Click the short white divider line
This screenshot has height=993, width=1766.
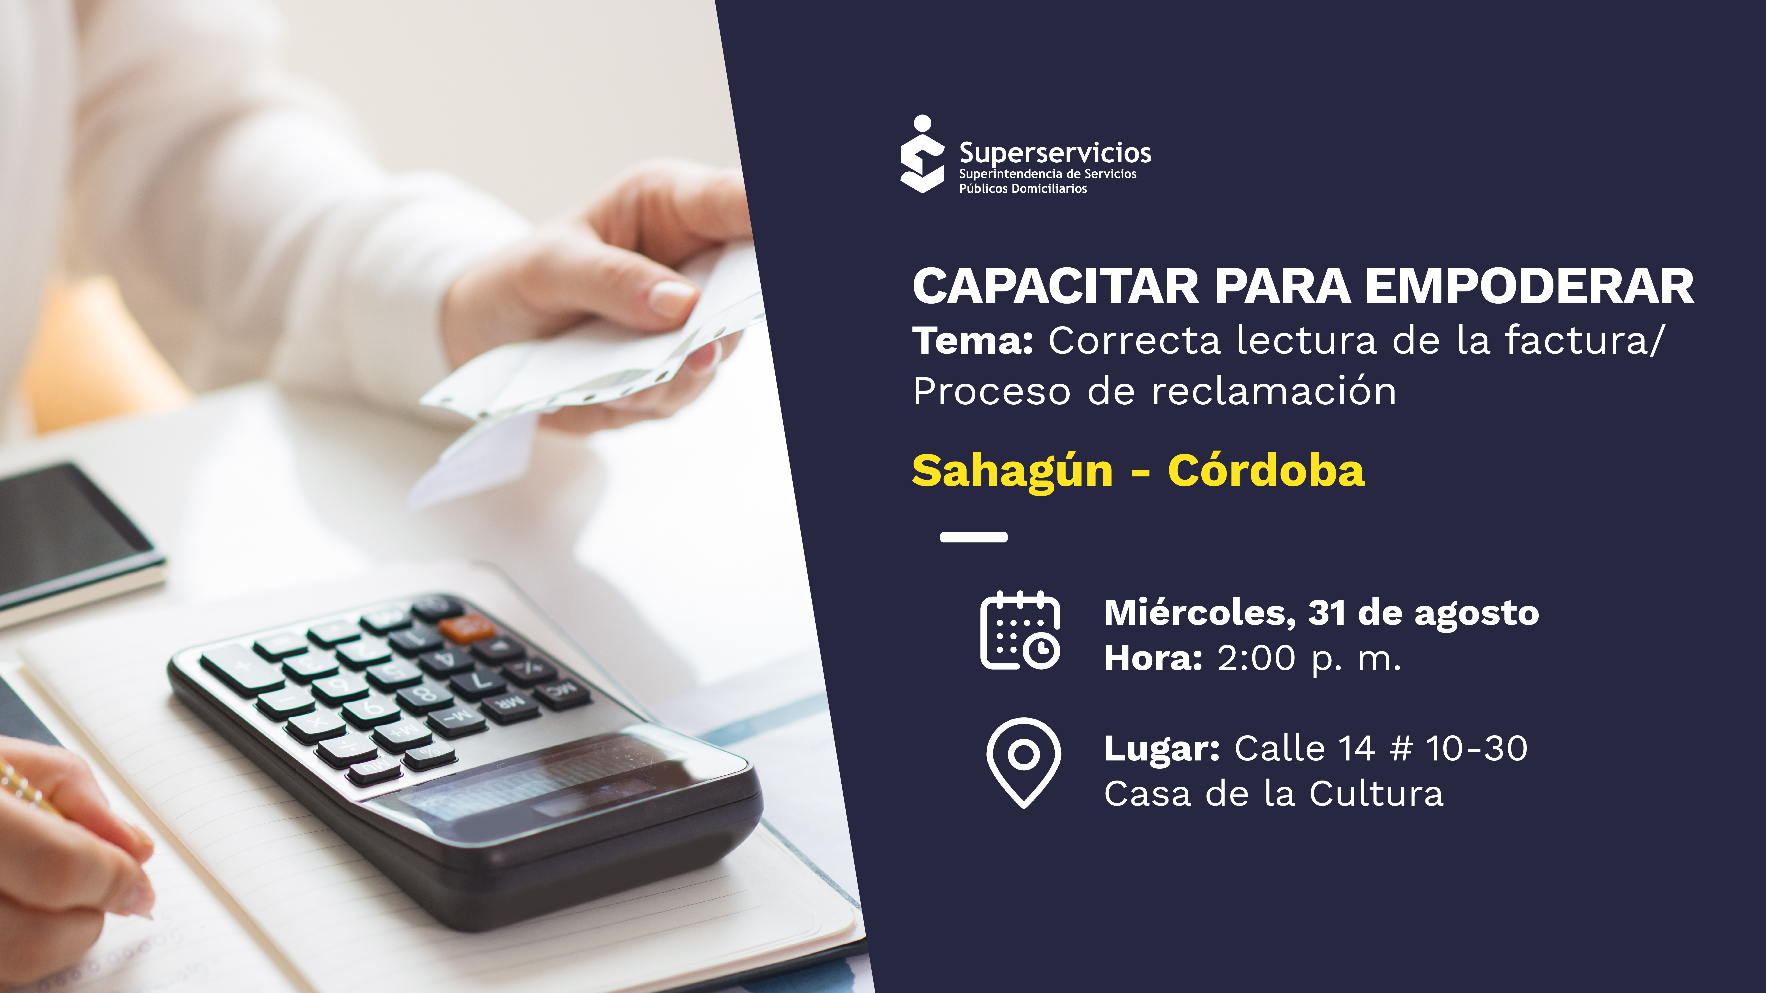tap(973, 537)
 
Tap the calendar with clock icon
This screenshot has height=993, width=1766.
tap(1020, 631)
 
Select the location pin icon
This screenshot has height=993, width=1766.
tap(1023, 761)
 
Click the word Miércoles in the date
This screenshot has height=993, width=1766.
tap(1200, 612)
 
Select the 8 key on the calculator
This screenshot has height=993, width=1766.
tap(425, 694)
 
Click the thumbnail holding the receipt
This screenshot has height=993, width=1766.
tap(672, 298)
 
